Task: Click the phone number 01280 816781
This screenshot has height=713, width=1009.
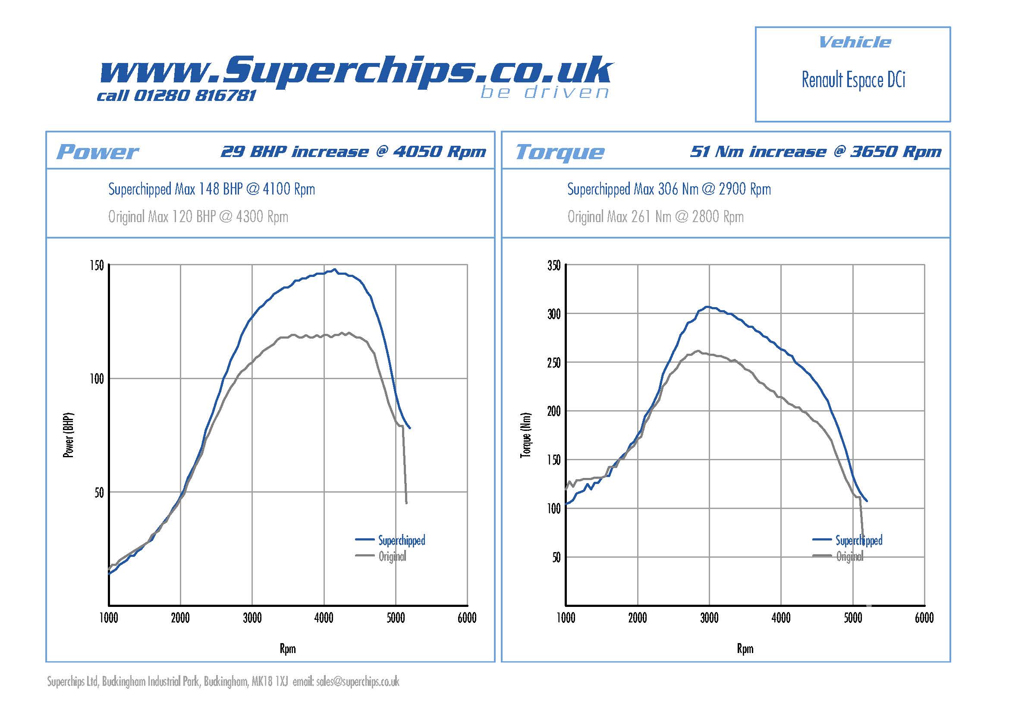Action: [x=194, y=95]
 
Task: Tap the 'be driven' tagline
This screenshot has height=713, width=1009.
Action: [x=544, y=92]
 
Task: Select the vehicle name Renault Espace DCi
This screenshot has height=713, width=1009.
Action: [x=853, y=80]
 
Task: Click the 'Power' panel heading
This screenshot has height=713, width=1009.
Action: [x=97, y=152]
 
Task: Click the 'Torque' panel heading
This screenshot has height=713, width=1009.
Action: [x=560, y=152]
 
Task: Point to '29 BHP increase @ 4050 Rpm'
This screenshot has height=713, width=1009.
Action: [x=353, y=151]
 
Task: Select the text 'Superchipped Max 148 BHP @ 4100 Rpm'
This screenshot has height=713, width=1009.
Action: [x=211, y=189]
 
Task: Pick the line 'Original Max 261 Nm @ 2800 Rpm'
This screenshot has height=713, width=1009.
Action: [x=655, y=217]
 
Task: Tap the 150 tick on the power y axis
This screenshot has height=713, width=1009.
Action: [x=97, y=265]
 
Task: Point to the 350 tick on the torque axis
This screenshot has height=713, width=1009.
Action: [x=554, y=265]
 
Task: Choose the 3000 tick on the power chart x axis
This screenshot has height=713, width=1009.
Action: [x=252, y=618]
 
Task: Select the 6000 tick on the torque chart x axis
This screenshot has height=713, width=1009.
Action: [x=924, y=618]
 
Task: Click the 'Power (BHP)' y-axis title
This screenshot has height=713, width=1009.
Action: [x=69, y=435]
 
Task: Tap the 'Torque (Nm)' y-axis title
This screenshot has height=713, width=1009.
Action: [x=525, y=435]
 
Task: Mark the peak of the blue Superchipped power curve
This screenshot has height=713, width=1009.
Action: [x=335, y=269]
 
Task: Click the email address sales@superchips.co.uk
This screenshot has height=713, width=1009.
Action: [x=358, y=682]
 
